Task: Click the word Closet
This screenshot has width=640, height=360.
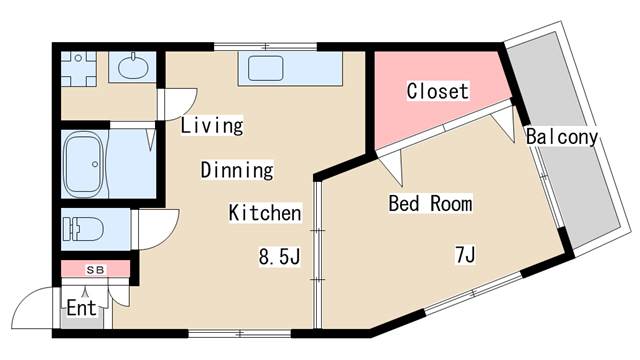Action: pos(437,92)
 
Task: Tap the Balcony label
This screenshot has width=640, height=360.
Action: pos(561,137)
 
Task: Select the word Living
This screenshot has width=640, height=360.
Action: pos(212,126)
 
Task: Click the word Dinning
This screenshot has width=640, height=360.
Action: pos(237,170)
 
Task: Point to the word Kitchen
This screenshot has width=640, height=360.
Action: pos(265,213)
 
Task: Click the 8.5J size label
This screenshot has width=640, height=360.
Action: pos(280,258)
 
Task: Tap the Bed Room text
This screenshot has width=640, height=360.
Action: pos(430,204)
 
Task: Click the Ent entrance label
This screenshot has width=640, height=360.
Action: pos(81,307)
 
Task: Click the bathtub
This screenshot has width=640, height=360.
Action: pos(86,165)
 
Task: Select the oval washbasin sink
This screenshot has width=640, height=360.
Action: pos(130,68)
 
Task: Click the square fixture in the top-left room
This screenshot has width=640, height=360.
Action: pos(77,67)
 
